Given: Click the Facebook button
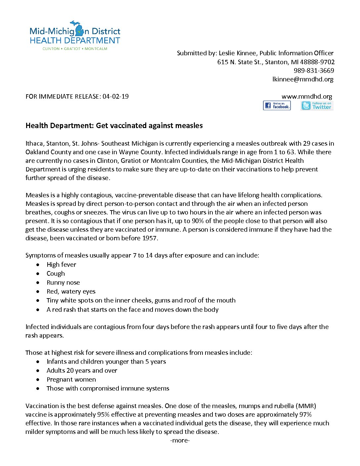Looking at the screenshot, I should [x=277, y=106].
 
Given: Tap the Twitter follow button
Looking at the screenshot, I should [x=317, y=106].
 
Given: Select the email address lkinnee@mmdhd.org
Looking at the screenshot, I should [x=303, y=79].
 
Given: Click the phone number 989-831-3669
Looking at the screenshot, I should [x=314, y=70].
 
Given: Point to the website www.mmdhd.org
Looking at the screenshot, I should [x=307, y=96].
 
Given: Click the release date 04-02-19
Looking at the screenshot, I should [x=115, y=96].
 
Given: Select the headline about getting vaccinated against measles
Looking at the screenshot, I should [x=114, y=125].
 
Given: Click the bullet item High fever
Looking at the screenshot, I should [x=61, y=264].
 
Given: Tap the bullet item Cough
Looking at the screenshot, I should [x=56, y=273].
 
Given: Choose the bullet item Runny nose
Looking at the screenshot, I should [x=63, y=282].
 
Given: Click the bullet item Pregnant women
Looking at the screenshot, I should [x=71, y=379].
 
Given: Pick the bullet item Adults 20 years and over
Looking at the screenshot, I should [x=82, y=370].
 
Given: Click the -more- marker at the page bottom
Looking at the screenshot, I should [x=180, y=441].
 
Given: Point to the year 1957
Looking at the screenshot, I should [x=150, y=238].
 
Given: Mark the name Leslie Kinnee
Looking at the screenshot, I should [x=237, y=53].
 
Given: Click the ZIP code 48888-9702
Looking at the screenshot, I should [x=317, y=62].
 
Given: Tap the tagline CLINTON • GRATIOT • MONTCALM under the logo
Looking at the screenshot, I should [x=75, y=49].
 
